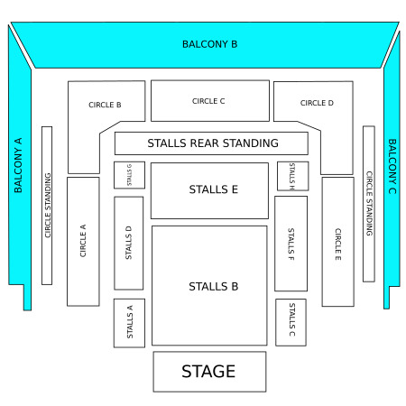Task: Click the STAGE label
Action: [x=208, y=371]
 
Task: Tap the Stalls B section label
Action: [x=214, y=286]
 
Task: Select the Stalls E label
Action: [x=214, y=189]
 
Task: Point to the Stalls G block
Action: [x=129, y=175]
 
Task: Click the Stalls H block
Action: [x=293, y=176]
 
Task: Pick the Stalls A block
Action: [x=129, y=323]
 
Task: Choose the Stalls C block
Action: [x=291, y=322]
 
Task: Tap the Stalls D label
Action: [x=128, y=243]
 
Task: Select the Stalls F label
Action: [x=291, y=244]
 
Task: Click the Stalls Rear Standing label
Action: [x=213, y=143]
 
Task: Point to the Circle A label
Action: [x=83, y=241]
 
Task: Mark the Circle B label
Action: [x=105, y=105]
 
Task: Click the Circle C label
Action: [x=208, y=101]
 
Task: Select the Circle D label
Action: [x=317, y=103]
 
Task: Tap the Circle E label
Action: [x=338, y=245]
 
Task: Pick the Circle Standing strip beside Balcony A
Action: [x=47, y=206]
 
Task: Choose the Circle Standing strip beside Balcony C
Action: [x=369, y=204]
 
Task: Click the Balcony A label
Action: [x=18, y=165]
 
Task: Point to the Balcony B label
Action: [x=210, y=44]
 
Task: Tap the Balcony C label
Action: [x=392, y=166]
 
